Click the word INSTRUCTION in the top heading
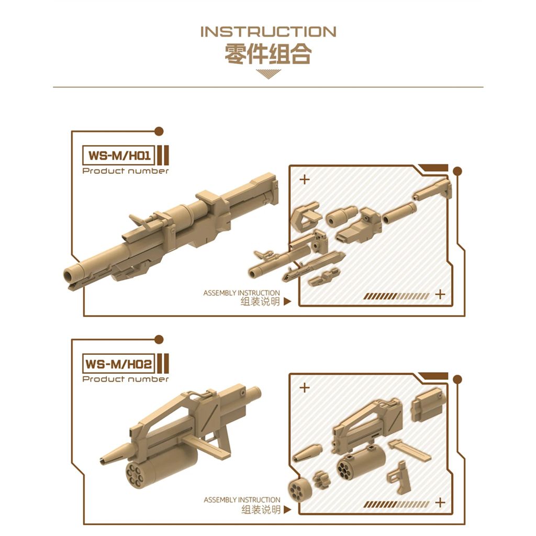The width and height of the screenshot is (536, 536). coord(269,32)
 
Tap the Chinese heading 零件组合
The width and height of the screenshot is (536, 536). coord(269,54)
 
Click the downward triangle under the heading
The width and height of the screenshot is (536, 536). coord(269,74)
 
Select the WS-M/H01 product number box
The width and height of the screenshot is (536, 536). coord(119,155)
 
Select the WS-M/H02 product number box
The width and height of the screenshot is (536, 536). coord(119,364)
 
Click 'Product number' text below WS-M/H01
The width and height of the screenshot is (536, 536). coord(126,171)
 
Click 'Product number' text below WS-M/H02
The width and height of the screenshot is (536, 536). coord(126,379)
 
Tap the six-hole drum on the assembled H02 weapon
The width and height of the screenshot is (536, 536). coord(135,475)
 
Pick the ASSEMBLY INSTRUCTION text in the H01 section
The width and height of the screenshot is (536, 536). coord(241,293)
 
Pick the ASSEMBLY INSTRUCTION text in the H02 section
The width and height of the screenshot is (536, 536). coord(242,500)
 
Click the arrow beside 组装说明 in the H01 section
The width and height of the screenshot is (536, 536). coord(287,301)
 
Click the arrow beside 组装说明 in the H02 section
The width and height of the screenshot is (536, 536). coord(287,510)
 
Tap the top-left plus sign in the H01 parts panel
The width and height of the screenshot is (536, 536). coord(304,180)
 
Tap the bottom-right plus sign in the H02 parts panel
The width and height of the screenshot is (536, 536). coord(440,502)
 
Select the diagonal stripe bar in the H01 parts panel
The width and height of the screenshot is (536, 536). coord(396,296)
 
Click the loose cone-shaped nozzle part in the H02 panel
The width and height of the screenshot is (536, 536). coord(307,453)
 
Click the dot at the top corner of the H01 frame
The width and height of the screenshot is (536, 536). coord(159,131)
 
